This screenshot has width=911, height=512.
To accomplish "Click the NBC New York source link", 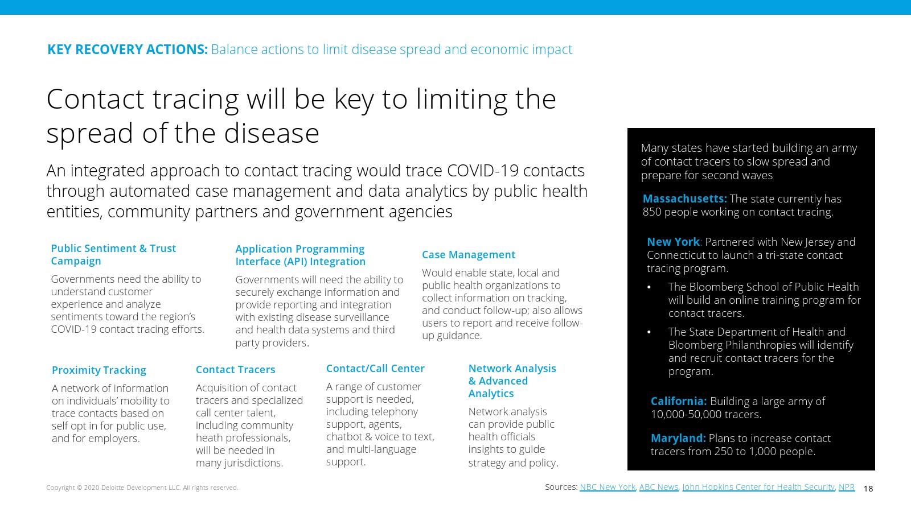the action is coord(607,487).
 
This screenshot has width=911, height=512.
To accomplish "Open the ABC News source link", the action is coord(659,487).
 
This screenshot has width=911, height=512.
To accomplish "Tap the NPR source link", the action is coord(846,487).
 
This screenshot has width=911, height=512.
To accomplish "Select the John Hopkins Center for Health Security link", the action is coord(758,487).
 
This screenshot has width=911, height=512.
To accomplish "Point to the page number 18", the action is coord(868,489).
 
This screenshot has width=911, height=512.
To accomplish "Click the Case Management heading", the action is coord(469,255).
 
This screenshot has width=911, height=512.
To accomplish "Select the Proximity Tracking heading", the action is coord(99,370).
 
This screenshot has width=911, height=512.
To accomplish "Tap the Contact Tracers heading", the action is coord(236,369).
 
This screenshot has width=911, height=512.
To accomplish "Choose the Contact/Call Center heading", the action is coord(375,368).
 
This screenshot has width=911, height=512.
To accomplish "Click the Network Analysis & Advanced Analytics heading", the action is coord(512,381).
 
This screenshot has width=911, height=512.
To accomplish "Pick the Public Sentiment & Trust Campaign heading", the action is coord(113,254).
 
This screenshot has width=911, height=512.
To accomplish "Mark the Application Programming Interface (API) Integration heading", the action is coord(301,255).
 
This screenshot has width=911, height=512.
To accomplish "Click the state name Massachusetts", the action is coord(684,199).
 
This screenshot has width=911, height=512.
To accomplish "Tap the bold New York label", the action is coord(673,242).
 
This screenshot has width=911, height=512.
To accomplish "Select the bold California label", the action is coord(678,401).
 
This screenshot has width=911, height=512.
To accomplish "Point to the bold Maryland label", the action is coord(678,438).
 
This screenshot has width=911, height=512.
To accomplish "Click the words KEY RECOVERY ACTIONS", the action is coord(128,49).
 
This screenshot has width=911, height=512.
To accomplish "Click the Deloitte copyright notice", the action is coord(142,488).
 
